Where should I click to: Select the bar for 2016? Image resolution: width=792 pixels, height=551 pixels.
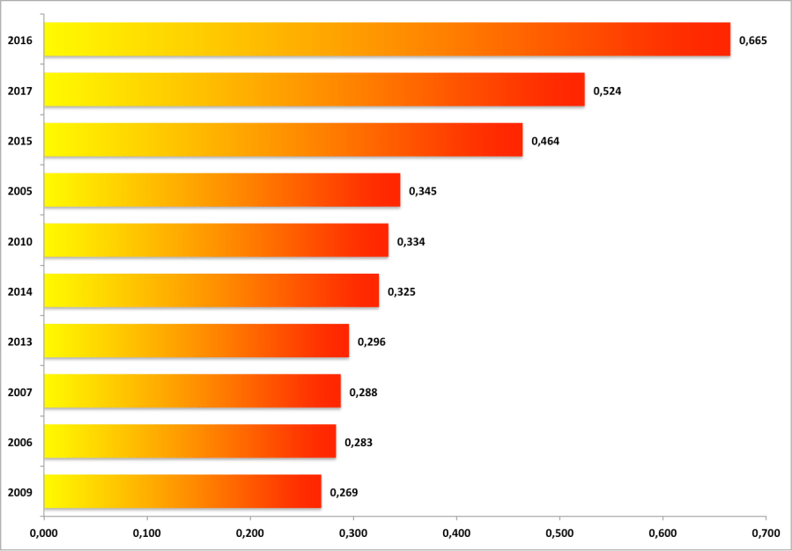(387, 40)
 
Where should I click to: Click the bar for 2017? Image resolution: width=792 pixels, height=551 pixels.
(314, 90)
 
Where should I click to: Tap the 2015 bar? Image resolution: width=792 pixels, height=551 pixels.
(283, 140)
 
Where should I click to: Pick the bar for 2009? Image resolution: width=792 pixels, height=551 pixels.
(182, 492)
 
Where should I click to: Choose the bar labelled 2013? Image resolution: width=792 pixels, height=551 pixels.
(196, 341)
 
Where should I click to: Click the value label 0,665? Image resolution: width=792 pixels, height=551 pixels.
(753, 40)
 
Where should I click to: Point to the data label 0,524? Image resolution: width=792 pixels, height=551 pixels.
(608, 91)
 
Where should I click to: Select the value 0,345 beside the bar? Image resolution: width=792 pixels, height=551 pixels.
(423, 191)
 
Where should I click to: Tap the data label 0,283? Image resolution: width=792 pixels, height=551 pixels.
(359, 443)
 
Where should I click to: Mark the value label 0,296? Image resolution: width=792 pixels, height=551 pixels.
(372, 342)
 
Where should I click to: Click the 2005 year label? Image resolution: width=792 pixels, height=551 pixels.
(19, 191)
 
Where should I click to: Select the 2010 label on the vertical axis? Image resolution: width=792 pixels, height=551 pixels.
(19, 241)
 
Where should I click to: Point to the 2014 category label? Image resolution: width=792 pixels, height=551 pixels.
(19, 291)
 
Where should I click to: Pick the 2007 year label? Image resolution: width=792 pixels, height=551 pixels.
(19, 392)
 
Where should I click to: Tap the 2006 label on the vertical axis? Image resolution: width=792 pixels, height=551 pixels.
(19, 442)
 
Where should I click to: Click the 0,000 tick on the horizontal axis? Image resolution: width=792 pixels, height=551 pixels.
(43, 533)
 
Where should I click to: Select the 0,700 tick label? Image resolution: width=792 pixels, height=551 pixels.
(766, 533)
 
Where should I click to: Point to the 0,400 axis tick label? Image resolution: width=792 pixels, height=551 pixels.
(456, 533)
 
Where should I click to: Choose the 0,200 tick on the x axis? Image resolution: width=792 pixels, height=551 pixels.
(250, 533)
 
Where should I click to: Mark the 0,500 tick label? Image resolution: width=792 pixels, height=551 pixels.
(559, 533)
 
